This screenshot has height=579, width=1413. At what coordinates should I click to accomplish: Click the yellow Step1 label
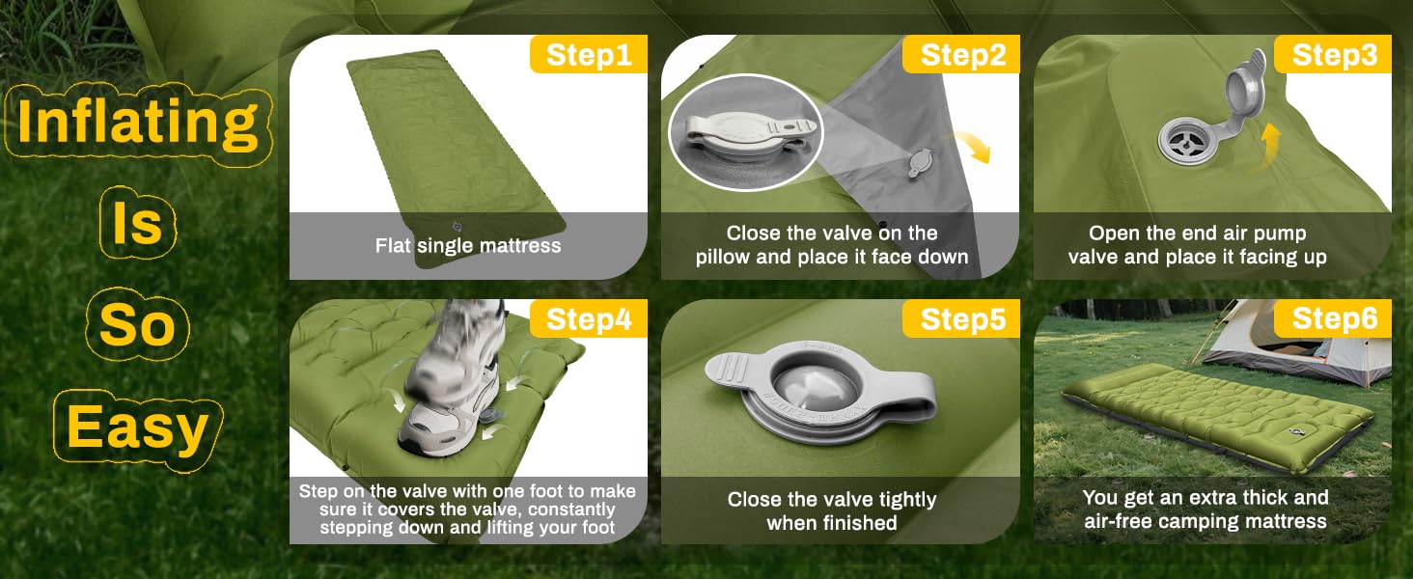(x=589, y=54)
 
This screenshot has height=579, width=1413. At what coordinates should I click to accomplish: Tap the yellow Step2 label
(x=961, y=54)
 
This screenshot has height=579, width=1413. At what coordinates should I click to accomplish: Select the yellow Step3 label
(x=1333, y=54)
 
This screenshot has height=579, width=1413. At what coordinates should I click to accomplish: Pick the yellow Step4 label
(x=589, y=318)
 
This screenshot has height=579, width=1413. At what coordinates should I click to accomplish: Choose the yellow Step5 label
(x=961, y=318)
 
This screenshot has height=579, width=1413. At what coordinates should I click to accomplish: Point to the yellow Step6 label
(x=1333, y=318)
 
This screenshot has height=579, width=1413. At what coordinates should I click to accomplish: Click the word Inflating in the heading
(x=138, y=123)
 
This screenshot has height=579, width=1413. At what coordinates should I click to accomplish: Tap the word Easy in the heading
(x=137, y=428)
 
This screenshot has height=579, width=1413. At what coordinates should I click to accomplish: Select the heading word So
(x=137, y=324)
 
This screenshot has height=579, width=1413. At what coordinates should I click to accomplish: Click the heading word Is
(x=137, y=223)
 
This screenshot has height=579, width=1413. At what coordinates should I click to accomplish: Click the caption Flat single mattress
(x=468, y=245)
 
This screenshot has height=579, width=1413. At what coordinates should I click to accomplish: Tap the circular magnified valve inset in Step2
(x=745, y=132)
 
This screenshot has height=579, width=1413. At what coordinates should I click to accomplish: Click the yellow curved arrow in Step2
(x=971, y=145)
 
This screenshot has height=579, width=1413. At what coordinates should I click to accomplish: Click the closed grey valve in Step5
(x=820, y=391)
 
